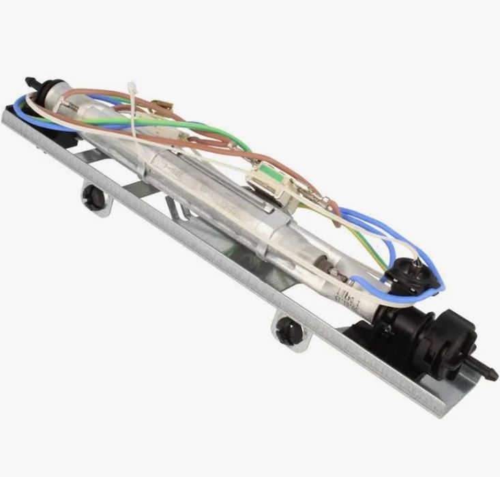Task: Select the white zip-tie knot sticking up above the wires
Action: point(132,89)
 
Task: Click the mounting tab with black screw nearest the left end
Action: point(95,198)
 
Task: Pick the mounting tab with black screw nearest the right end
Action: point(290,332)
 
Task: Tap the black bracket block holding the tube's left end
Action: point(58,133)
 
